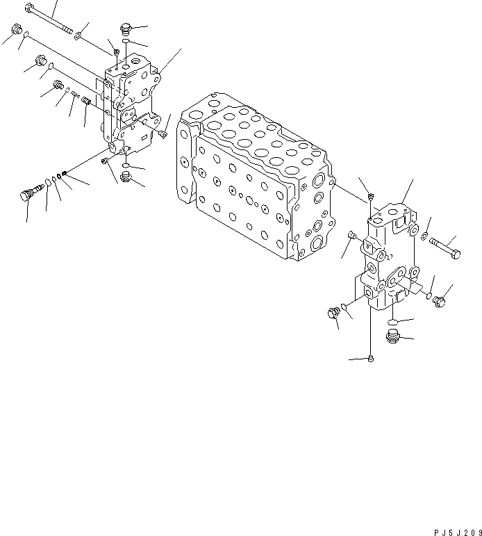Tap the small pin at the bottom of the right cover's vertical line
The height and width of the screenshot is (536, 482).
coord(372,359)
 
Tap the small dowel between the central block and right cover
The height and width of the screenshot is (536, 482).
coord(351,238)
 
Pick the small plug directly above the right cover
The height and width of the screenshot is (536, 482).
coord(372,195)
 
